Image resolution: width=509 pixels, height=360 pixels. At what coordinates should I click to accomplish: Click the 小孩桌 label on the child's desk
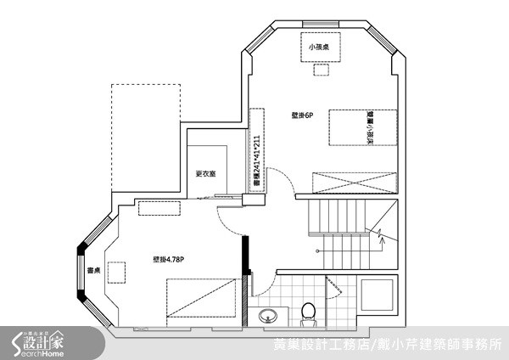(320, 48)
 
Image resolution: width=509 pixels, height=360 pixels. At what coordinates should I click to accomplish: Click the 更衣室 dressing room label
(205, 174)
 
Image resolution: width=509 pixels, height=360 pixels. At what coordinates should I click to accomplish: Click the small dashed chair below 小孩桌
(320, 70)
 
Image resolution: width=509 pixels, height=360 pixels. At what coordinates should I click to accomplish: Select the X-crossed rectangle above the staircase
(355, 182)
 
